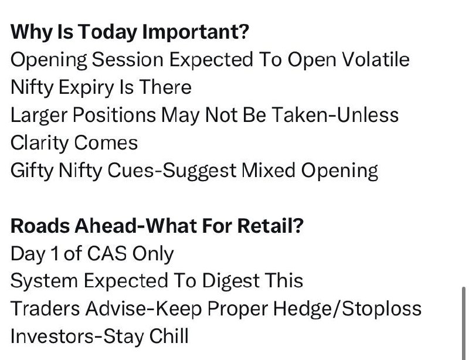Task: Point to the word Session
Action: click(127, 60)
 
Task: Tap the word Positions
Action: click(114, 116)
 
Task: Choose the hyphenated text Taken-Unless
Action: click(335, 115)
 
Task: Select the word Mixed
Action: click(269, 171)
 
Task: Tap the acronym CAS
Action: click(107, 254)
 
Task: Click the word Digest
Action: click(230, 282)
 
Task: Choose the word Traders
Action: click(45, 308)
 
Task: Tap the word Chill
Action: click(169, 336)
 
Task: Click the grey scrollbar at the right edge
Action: click(464, 323)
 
